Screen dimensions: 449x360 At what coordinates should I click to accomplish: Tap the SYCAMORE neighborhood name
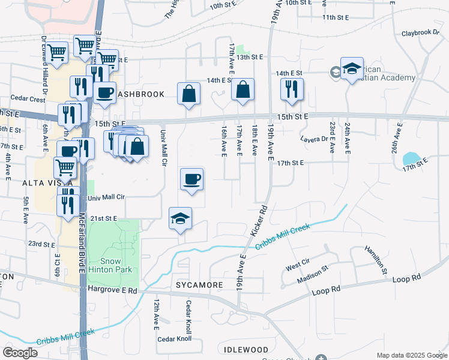[200, 284]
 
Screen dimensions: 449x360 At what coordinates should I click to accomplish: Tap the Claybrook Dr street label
[421, 33]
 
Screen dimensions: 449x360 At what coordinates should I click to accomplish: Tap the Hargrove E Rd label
[112, 289]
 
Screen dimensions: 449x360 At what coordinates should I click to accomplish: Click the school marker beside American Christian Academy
[352, 69]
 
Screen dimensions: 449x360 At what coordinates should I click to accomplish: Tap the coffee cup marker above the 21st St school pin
[191, 179]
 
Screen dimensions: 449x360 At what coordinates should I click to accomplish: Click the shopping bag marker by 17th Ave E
[243, 90]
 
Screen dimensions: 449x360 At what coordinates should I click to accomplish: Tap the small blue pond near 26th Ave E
[411, 158]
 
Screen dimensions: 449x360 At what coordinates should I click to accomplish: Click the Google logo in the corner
[20, 353]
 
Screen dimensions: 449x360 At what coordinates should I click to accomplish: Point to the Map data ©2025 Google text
[411, 355]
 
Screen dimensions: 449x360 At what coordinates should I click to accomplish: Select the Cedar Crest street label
[28, 98]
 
